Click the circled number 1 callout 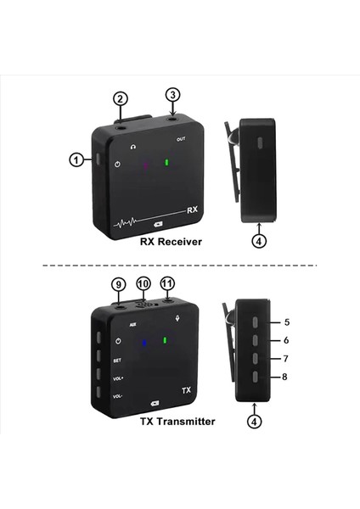click(77, 159)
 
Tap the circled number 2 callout click(121, 98)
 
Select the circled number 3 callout click(173, 94)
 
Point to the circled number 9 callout click(119, 285)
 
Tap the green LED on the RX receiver click(166, 163)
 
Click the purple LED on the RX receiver click(144, 165)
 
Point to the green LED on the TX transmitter click(166, 342)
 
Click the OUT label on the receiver click(181, 138)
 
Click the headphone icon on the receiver click(133, 145)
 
